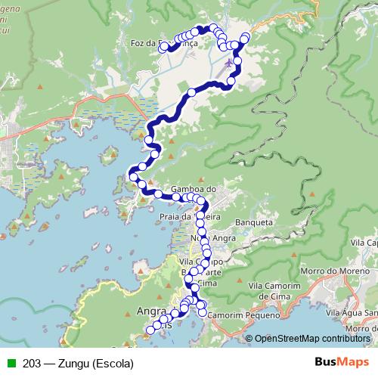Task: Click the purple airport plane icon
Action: tap(229, 64)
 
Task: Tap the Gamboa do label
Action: tap(194, 189)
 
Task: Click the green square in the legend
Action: tap(9, 363)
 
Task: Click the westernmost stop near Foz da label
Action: tap(162, 46)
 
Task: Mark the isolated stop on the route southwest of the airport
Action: tap(191, 91)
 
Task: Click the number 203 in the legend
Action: tap(31, 363)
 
